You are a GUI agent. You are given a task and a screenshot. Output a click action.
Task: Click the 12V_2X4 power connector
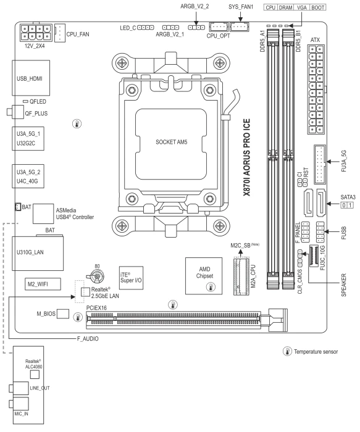coord(36,33)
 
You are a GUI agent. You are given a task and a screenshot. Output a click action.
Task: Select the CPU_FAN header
coord(60,33)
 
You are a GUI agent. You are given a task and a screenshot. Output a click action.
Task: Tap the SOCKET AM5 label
coord(171,142)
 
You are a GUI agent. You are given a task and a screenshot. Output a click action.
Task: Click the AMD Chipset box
coord(204,276)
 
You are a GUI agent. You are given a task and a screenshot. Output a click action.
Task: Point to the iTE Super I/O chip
coord(131,278)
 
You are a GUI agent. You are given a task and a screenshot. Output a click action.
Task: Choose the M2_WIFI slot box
coord(43,284)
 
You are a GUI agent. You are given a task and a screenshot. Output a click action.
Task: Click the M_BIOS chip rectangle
coord(63,314)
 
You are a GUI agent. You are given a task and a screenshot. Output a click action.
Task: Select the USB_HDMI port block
coord(31,78)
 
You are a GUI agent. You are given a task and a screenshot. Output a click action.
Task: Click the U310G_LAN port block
coord(38,253)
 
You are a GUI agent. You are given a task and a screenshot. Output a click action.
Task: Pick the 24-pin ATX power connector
coord(316,89)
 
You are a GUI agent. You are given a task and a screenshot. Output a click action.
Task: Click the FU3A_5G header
coord(319,164)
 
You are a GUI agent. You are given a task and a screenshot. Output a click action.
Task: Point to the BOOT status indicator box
coord(318,7)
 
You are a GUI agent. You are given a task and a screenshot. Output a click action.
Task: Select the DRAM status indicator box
coord(285,7)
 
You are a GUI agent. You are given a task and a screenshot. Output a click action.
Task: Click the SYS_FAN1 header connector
coord(240,27)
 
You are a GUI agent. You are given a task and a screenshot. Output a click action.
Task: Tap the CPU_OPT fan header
coord(219,27)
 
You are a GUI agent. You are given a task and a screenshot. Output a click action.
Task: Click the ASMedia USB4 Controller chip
coord(43,214)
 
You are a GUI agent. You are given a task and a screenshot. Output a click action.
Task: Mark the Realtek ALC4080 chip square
coord(35,375)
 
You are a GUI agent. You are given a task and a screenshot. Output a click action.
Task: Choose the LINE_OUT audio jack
coord(19,388)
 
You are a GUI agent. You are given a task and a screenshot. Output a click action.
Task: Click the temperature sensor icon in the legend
coord(287,351)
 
